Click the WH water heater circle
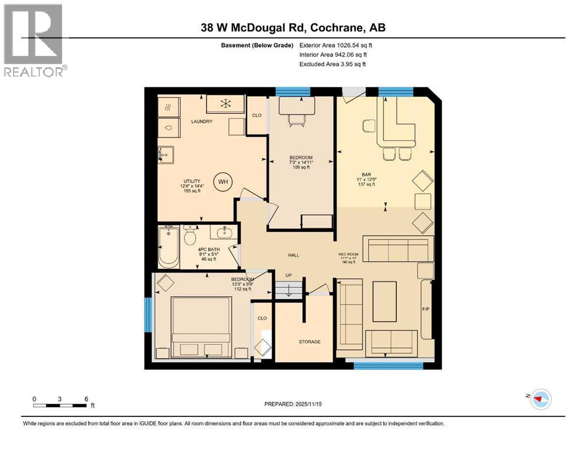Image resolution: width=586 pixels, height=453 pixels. point(222,182)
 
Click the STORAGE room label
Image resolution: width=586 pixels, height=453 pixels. point(309,342)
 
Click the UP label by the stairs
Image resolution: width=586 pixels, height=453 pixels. point(288,275)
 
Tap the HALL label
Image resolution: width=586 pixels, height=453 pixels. point(293,255)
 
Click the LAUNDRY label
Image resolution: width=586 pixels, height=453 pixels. point(201,122)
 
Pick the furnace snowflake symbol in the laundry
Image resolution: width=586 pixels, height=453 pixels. point(225,104)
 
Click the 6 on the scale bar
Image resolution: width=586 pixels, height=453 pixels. point(86,399)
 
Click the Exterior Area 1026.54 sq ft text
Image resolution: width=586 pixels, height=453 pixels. point(336,45)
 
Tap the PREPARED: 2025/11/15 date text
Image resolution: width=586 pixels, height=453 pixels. point(293,404)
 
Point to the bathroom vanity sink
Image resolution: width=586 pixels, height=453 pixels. point(224,231)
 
